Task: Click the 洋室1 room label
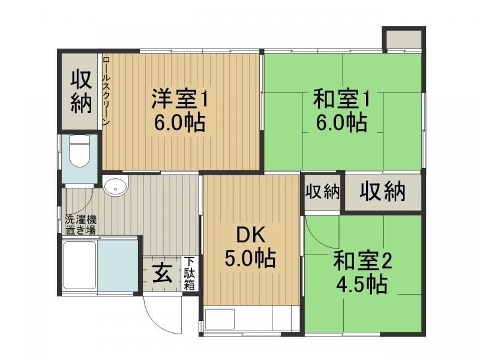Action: pyautogui.click(x=180, y=98)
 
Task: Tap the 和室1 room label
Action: pyautogui.click(x=341, y=98)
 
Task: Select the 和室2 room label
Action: pyautogui.click(x=362, y=260)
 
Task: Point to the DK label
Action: pyautogui.click(x=250, y=235)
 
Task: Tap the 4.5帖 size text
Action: pyautogui.click(x=362, y=284)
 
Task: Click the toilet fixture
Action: pyautogui.click(x=80, y=151)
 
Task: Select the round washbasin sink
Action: pyautogui.click(x=115, y=187)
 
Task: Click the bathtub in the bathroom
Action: pyautogui.click(x=80, y=265)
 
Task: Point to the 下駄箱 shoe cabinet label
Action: pyautogui.click(x=190, y=274)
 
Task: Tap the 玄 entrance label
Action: pyautogui.click(x=162, y=273)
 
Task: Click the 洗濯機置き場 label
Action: pyautogui.click(x=80, y=224)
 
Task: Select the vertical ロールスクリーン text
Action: pyautogui.click(x=106, y=91)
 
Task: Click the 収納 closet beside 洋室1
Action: pyautogui.click(x=81, y=92)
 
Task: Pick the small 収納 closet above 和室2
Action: pyautogui.click(x=323, y=192)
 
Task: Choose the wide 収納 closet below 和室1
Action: pyautogui.click(x=383, y=191)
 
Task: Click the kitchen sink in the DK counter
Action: pyautogui.click(x=220, y=319)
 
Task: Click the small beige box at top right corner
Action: pyautogui.click(x=404, y=39)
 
